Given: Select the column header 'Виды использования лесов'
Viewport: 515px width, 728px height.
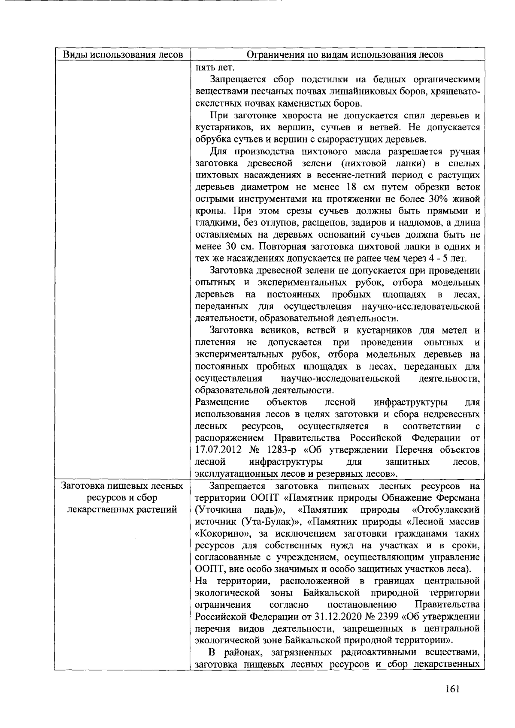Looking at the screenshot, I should click(x=123, y=55).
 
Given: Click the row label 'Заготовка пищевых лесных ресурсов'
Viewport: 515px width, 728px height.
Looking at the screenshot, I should click(x=123, y=486).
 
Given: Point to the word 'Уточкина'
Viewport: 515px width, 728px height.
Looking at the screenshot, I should click(x=218, y=510).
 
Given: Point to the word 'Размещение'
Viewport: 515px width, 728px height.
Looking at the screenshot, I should click(x=222, y=403).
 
